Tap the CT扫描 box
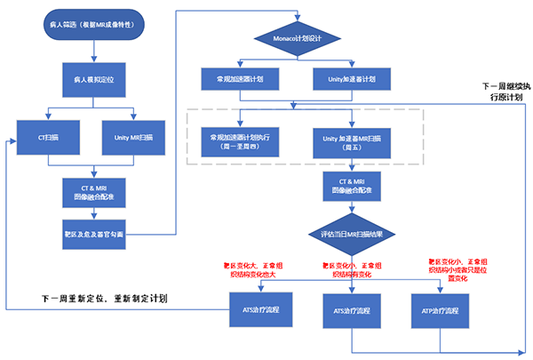[49, 139]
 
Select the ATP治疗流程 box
[440, 311]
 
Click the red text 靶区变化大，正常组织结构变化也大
[258, 270]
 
